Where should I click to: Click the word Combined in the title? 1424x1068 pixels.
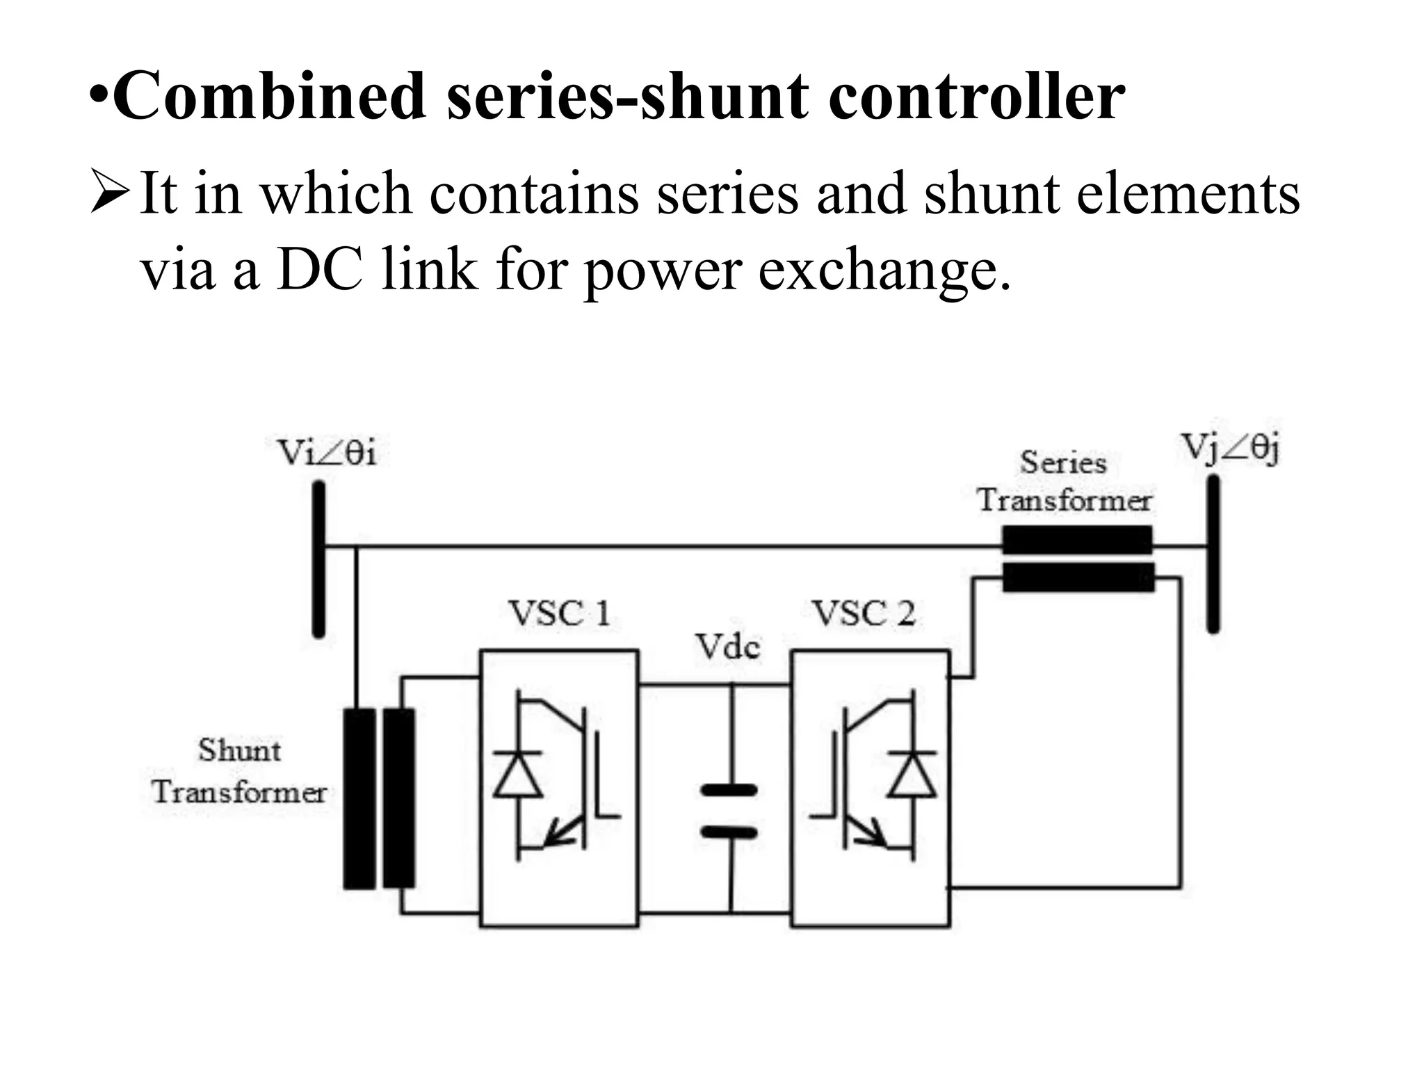[x=268, y=97]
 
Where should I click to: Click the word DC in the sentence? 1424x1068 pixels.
[x=319, y=270]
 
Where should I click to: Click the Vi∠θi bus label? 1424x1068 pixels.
[x=327, y=453]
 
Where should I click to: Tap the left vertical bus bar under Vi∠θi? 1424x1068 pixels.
[x=318, y=560]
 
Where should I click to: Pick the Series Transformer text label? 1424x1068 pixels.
[x=1064, y=481]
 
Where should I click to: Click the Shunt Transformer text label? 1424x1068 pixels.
[x=239, y=771]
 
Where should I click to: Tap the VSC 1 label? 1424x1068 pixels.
[x=559, y=614]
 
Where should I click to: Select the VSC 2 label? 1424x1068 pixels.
[x=864, y=614]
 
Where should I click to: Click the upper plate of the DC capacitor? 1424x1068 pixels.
[x=729, y=790]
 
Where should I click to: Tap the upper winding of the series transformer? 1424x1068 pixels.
[x=1077, y=540]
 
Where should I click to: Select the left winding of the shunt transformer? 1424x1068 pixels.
[x=359, y=798]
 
